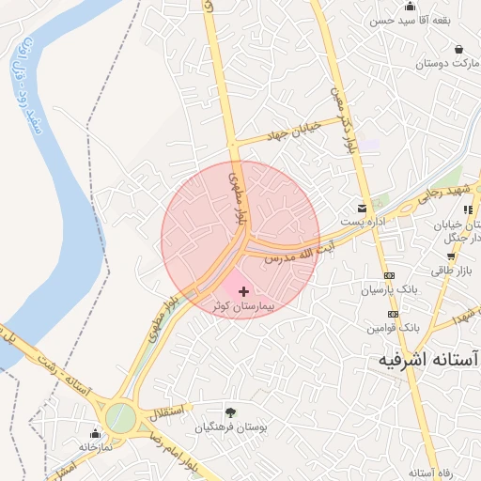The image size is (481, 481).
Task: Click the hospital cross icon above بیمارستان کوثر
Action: [244, 292]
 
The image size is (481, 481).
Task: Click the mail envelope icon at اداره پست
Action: [362, 208]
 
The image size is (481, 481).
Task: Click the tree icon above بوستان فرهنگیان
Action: [230, 411]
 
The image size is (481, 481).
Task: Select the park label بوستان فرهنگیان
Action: [231, 427]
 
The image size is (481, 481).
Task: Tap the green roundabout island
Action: [119, 417]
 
